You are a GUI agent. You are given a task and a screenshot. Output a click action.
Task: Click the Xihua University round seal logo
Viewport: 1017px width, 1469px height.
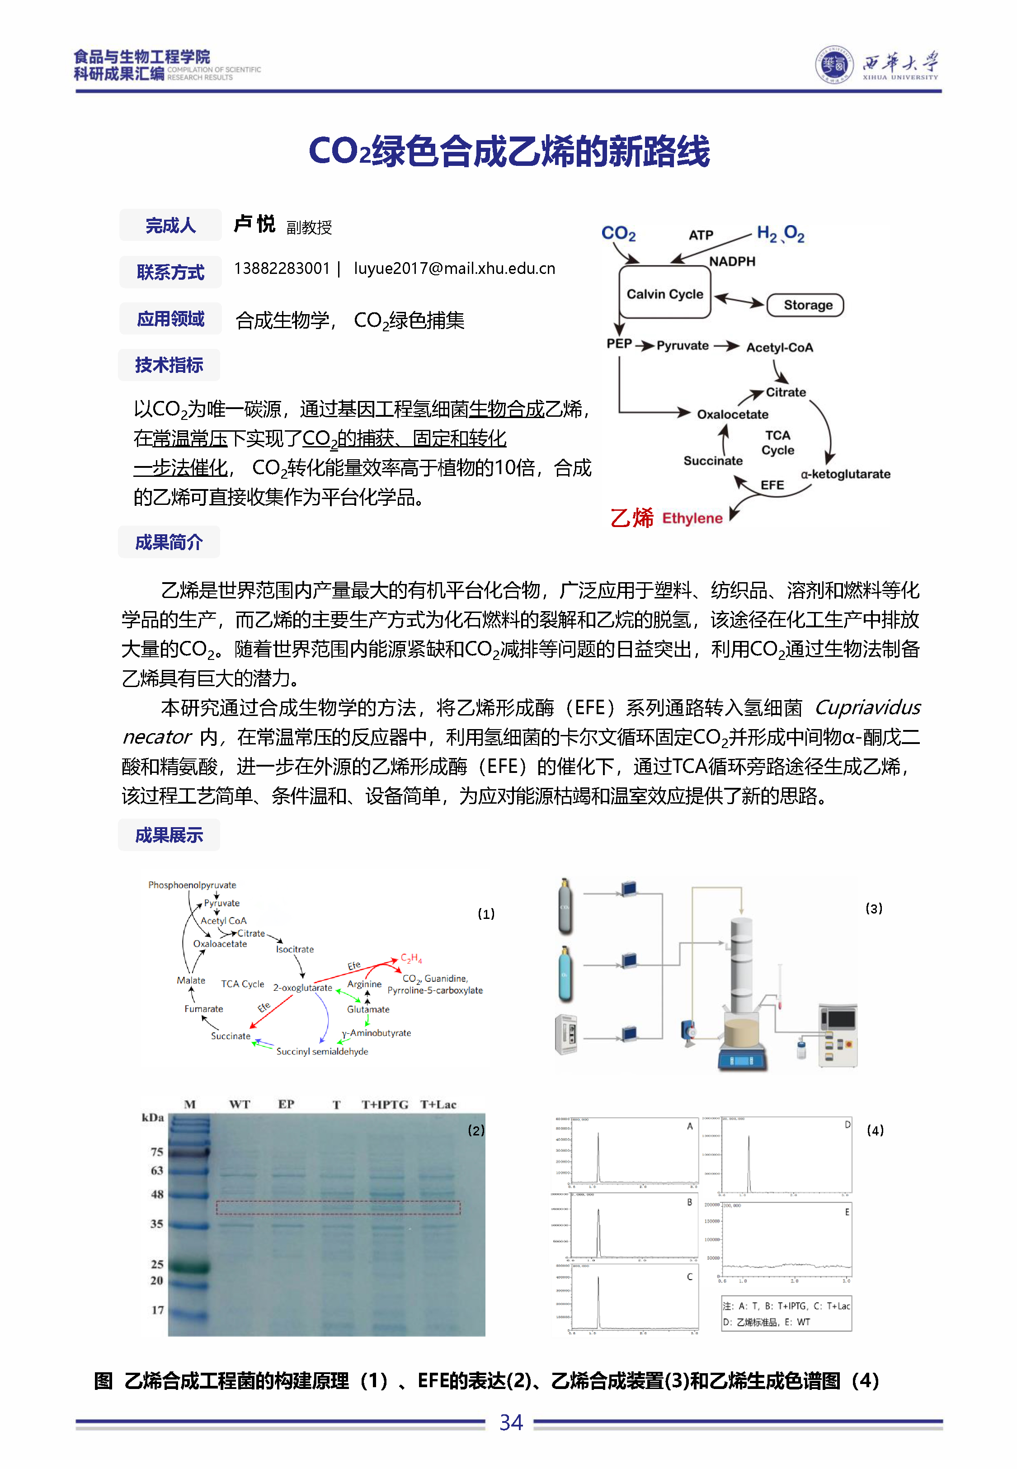pyautogui.click(x=833, y=65)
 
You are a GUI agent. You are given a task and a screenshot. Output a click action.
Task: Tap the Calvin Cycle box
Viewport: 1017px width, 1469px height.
pyautogui.click(x=664, y=294)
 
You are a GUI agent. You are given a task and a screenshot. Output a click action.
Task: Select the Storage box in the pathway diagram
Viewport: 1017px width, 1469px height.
pyautogui.click(x=807, y=305)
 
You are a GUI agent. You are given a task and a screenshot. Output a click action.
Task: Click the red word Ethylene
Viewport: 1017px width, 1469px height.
pyautogui.click(x=692, y=518)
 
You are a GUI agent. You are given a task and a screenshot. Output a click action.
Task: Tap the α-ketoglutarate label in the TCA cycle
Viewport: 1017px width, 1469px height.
pyautogui.click(x=845, y=474)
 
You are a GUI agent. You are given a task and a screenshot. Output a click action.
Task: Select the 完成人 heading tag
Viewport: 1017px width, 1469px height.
pyautogui.click(x=170, y=226)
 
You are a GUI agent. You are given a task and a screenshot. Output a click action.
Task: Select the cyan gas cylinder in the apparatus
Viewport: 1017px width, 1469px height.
pyautogui.click(x=565, y=974)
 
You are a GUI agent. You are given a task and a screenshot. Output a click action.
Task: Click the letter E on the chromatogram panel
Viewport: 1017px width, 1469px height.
pyautogui.click(x=847, y=1212)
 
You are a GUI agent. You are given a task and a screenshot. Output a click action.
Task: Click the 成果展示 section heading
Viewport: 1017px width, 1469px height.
pyautogui.click(x=169, y=835)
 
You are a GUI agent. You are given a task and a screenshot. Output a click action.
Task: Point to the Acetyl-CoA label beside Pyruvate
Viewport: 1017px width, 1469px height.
pyautogui.click(x=779, y=347)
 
